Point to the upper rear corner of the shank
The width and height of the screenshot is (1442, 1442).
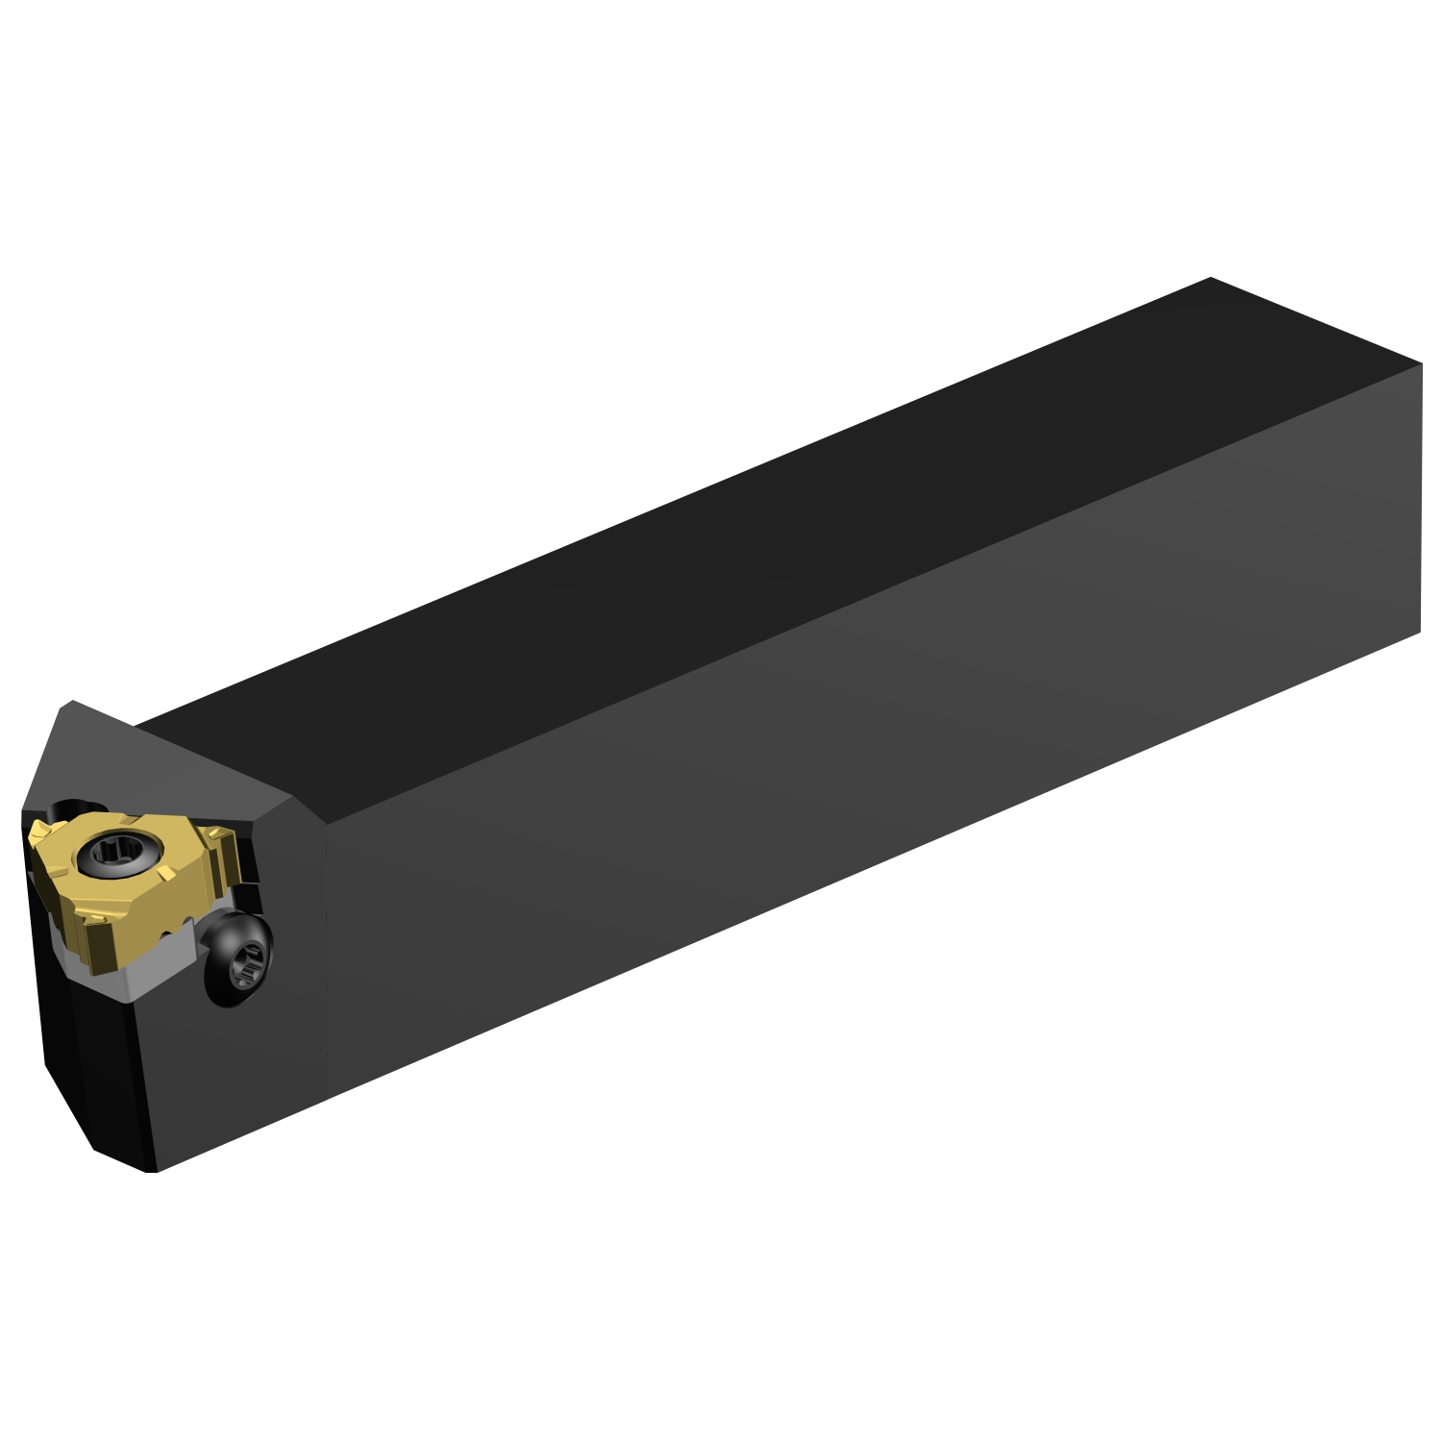1420,365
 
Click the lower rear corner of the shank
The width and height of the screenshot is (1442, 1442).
1420,632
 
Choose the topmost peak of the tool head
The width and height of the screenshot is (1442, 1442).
67,704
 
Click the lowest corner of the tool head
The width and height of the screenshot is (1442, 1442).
154,1172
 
